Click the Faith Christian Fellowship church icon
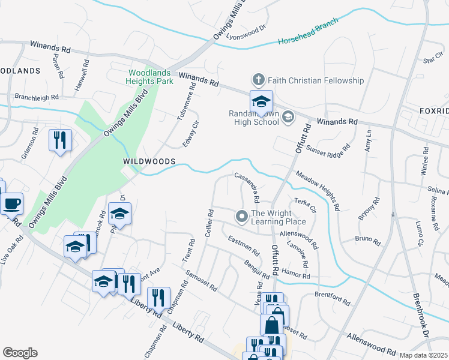[x=258, y=80]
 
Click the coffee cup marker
[x=12, y=204]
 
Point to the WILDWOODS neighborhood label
[x=149, y=162]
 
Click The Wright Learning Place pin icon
[x=242, y=217]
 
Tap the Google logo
[x=20, y=353]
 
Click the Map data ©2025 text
[x=424, y=355]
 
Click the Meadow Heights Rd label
[x=318, y=190]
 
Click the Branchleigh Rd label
[x=37, y=97]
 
